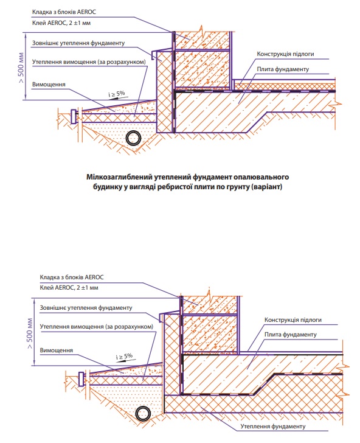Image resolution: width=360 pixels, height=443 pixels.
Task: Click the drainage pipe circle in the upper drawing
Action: coord(133,139)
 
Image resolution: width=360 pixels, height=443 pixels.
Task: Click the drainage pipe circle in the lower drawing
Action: coord(142,414)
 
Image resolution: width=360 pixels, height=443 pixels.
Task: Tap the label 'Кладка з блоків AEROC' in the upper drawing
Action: coord(64,12)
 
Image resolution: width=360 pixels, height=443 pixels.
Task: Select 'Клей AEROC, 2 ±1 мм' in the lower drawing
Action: coord(69,288)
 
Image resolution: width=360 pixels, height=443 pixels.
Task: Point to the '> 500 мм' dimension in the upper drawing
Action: coord(21,67)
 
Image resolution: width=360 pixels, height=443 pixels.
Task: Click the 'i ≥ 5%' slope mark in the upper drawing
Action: coord(117,94)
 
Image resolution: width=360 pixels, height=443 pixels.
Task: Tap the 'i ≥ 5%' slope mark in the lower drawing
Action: coord(124,357)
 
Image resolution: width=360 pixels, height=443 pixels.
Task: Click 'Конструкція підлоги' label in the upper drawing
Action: coord(285,54)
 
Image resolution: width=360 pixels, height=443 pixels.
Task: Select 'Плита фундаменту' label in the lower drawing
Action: coord(291,335)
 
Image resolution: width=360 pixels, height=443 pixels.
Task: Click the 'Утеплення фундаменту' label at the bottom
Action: coord(273,427)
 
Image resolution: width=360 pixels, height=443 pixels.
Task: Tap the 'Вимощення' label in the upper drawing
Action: coord(49,85)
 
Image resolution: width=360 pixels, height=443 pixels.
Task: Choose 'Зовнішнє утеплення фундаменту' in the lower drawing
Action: coord(86,308)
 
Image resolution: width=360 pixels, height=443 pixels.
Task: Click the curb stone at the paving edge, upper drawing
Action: coord(74,117)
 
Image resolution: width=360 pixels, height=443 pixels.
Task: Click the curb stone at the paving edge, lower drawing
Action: coord(81,380)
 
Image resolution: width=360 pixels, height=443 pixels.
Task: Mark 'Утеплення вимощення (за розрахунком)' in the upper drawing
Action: coord(89,62)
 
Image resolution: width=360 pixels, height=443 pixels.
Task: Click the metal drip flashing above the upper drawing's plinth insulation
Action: coord(161,54)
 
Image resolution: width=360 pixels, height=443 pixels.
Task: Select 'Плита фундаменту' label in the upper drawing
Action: coord(283,69)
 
